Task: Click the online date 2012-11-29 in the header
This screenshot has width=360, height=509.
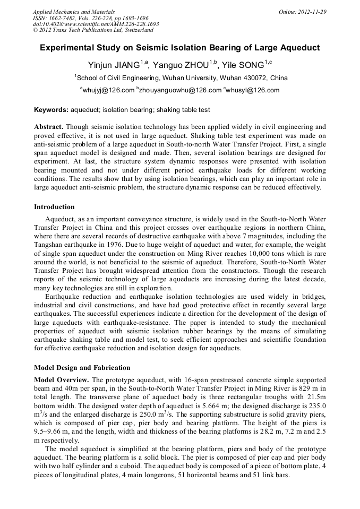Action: click(311, 11)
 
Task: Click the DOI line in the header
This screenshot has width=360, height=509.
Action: click(96, 24)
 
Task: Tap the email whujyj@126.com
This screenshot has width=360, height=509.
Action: click(108, 90)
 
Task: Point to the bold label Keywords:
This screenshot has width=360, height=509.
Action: click(51, 110)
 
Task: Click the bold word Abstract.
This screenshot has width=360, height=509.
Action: click(48, 127)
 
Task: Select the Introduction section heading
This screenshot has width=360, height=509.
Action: click(54, 206)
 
